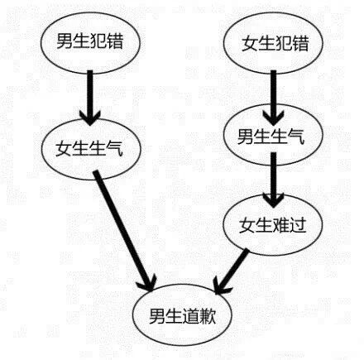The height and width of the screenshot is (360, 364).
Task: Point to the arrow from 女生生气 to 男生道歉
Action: [x=126, y=228]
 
